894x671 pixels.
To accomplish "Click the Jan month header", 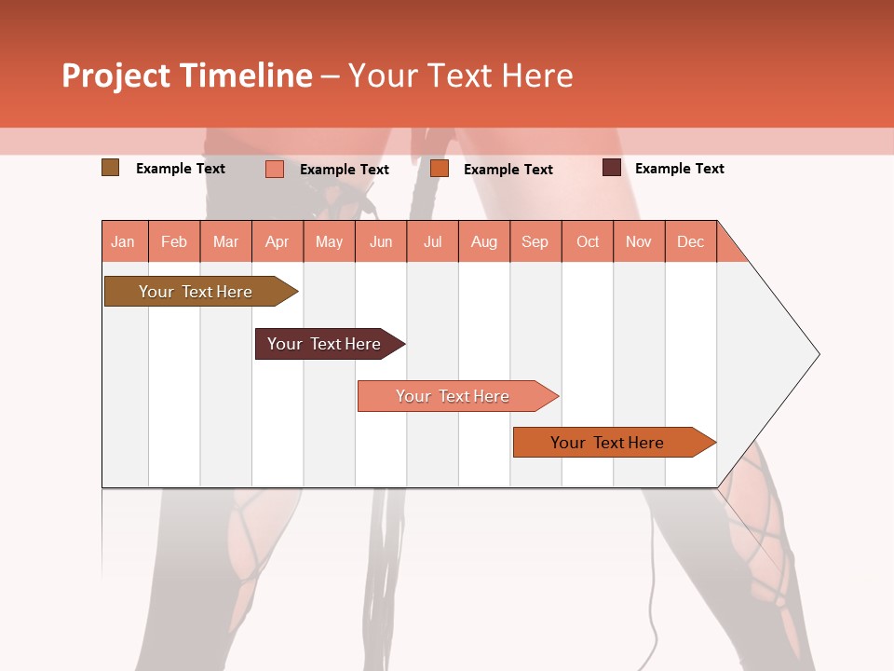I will (x=124, y=241).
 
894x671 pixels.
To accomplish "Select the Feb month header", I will (x=174, y=241).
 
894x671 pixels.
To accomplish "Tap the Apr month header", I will (x=277, y=241).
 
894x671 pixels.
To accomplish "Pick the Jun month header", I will (x=381, y=241).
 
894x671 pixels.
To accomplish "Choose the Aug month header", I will (x=484, y=241).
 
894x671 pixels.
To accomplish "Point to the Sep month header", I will (x=535, y=241).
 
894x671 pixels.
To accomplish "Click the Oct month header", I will (x=588, y=241).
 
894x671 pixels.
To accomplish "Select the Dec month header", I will (x=690, y=241).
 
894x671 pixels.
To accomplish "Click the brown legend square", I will (x=110, y=168).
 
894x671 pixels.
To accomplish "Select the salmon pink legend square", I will (x=274, y=169).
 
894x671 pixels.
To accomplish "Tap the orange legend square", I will (x=440, y=169).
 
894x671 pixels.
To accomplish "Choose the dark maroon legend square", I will (x=612, y=168).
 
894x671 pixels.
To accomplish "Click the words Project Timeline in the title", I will (x=187, y=75).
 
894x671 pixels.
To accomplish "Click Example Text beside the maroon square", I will (x=679, y=169).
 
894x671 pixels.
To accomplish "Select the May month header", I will (x=329, y=241).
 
